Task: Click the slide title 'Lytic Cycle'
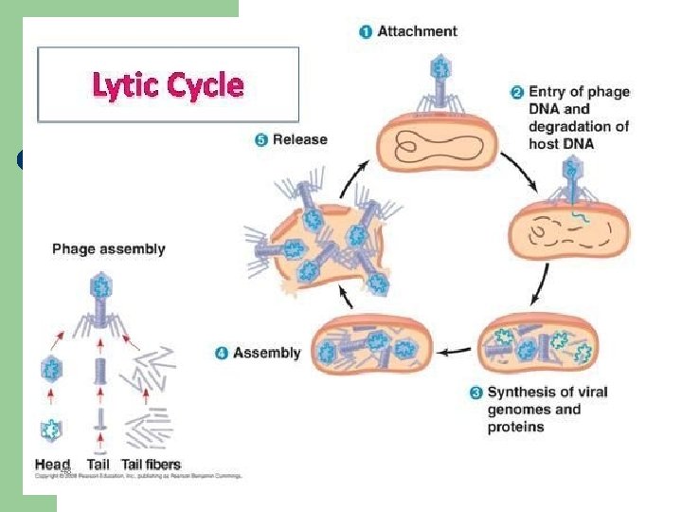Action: [x=168, y=86]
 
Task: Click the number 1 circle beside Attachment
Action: [x=366, y=31]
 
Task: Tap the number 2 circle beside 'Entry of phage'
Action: [x=517, y=93]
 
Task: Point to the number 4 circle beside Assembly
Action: [x=221, y=354]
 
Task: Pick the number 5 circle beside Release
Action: [x=260, y=140]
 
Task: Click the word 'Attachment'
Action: [x=417, y=31]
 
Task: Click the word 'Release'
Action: [x=299, y=140]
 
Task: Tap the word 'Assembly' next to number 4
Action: [x=266, y=354]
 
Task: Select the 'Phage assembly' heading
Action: [x=108, y=249]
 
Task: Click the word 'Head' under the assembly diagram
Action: [x=52, y=465]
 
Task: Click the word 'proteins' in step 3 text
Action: [x=516, y=427]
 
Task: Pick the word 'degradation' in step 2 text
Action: [x=578, y=126]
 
